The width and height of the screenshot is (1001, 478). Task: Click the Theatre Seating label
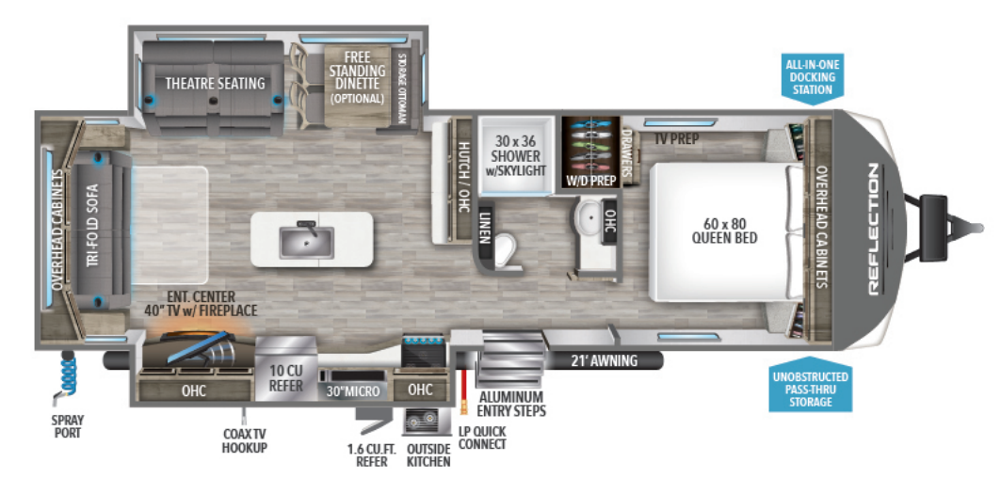tap(215, 84)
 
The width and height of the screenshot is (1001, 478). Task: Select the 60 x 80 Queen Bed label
tap(724, 231)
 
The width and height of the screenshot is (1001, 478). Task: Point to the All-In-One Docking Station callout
tap(813, 76)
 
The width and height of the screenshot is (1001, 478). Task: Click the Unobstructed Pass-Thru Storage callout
tap(810, 389)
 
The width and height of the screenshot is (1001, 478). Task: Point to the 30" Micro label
tap(353, 390)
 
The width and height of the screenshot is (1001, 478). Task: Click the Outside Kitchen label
tap(428, 454)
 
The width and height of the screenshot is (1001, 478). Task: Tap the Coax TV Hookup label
tap(244, 441)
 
